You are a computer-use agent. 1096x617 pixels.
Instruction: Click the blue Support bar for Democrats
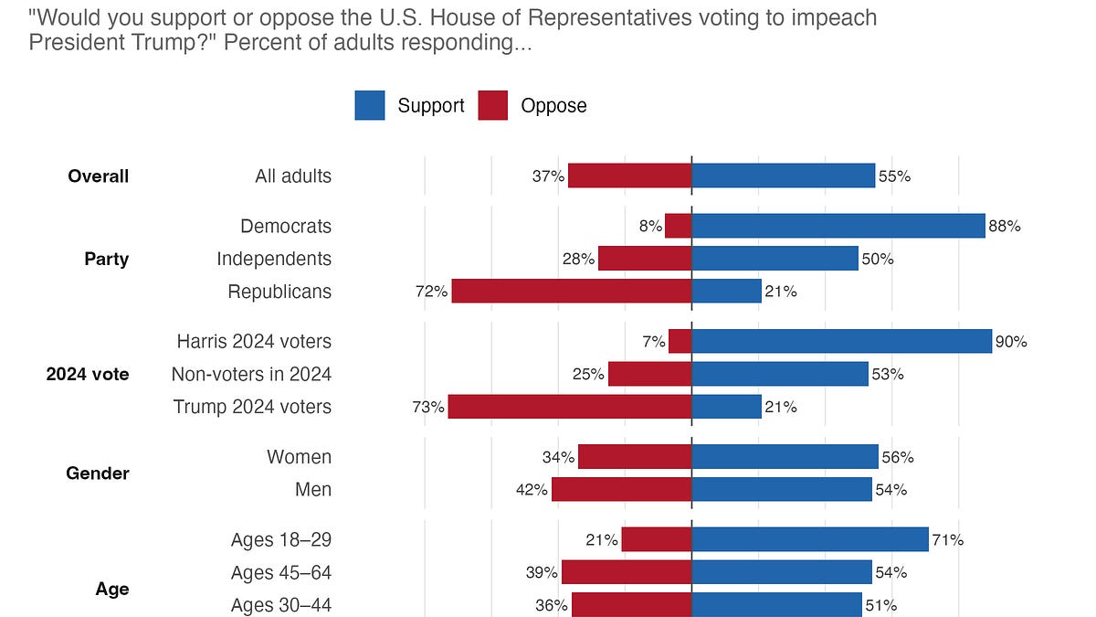(x=838, y=226)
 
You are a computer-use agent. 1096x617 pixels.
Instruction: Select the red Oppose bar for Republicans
(x=572, y=292)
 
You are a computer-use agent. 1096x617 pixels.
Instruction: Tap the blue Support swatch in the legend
(x=370, y=106)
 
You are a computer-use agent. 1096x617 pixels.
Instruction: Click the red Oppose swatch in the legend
(x=492, y=106)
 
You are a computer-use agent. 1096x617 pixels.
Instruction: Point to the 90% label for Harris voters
(x=1011, y=342)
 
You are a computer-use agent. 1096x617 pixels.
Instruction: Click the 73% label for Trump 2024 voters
(x=429, y=408)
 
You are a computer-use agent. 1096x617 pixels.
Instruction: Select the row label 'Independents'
(x=274, y=259)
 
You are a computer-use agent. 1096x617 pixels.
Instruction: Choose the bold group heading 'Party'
(x=107, y=259)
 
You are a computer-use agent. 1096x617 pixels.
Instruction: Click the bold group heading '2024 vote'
(x=88, y=374)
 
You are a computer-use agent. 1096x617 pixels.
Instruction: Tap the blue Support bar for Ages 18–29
(x=809, y=539)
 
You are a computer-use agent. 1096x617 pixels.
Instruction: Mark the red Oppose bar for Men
(x=621, y=489)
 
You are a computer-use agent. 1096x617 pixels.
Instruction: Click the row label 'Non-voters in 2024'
(x=251, y=374)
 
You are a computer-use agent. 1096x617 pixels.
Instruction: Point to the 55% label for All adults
(x=894, y=176)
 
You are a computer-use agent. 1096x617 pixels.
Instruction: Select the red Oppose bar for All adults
(x=629, y=176)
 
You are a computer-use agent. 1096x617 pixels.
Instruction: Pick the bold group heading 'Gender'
(x=98, y=473)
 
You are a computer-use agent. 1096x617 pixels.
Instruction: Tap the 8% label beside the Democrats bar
(x=650, y=227)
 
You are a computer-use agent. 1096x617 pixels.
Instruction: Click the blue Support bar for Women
(x=785, y=456)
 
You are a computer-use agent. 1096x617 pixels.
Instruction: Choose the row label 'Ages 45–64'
(x=281, y=572)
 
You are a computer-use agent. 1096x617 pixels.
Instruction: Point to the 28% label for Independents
(x=579, y=260)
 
